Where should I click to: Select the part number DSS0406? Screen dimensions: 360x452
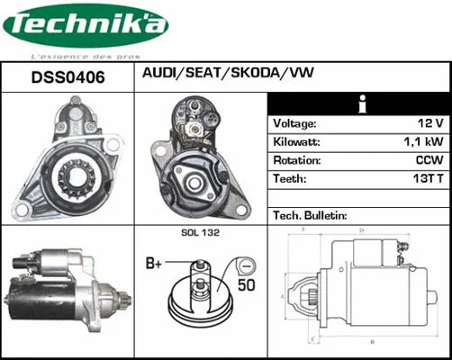pos(68,78)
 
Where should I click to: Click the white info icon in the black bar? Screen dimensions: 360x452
pos(360,101)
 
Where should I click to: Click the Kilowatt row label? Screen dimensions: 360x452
pos(297,142)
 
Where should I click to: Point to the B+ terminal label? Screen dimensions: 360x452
pos(155,264)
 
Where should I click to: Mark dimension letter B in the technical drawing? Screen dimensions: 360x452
pos(372,342)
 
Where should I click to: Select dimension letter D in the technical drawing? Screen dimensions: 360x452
pos(360,231)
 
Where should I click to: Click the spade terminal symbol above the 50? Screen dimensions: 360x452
pos(242,265)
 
